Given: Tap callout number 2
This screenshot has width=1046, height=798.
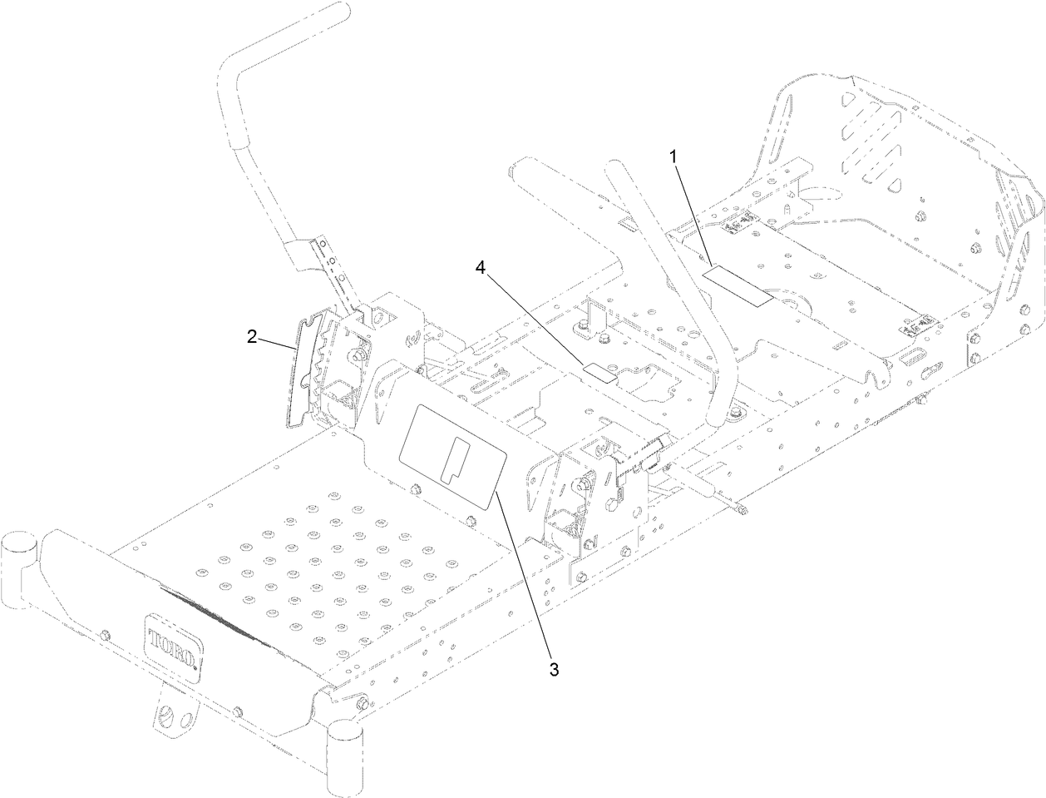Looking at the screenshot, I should [251, 337].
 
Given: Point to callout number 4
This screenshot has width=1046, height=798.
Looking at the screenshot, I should [480, 267].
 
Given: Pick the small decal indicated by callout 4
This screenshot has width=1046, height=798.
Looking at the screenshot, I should [600, 373].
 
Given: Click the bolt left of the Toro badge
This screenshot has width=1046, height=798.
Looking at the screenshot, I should [105, 636].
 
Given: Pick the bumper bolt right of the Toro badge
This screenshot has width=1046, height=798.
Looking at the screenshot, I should [238, 710].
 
